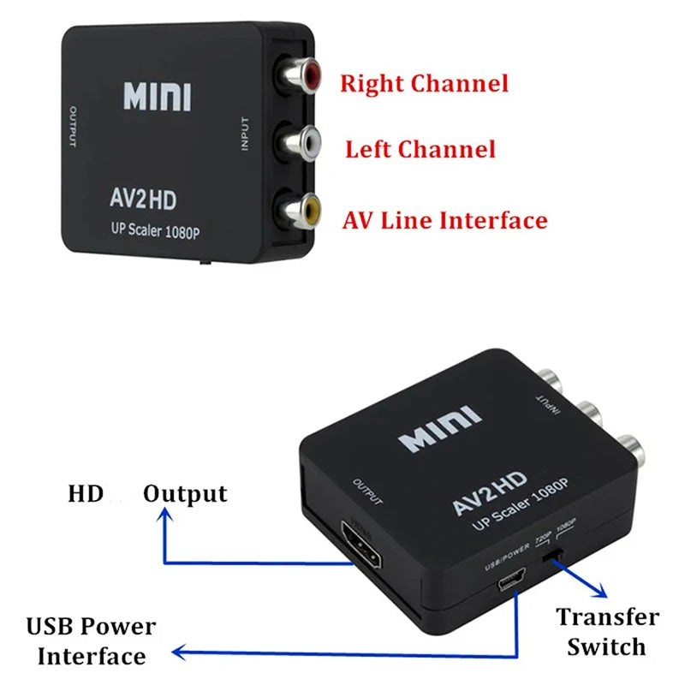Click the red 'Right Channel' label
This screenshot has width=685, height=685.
point(424,84)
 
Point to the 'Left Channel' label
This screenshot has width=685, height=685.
point(420,150)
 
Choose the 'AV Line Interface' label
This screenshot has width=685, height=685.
point(445,220)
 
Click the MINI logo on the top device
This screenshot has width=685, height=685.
point(158,97)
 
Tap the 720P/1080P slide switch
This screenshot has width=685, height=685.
point(556,557)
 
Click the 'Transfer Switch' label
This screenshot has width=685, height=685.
point(607,631)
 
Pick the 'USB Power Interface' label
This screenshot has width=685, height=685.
point(91,641)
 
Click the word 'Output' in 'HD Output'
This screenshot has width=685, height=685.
point(185,494)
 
